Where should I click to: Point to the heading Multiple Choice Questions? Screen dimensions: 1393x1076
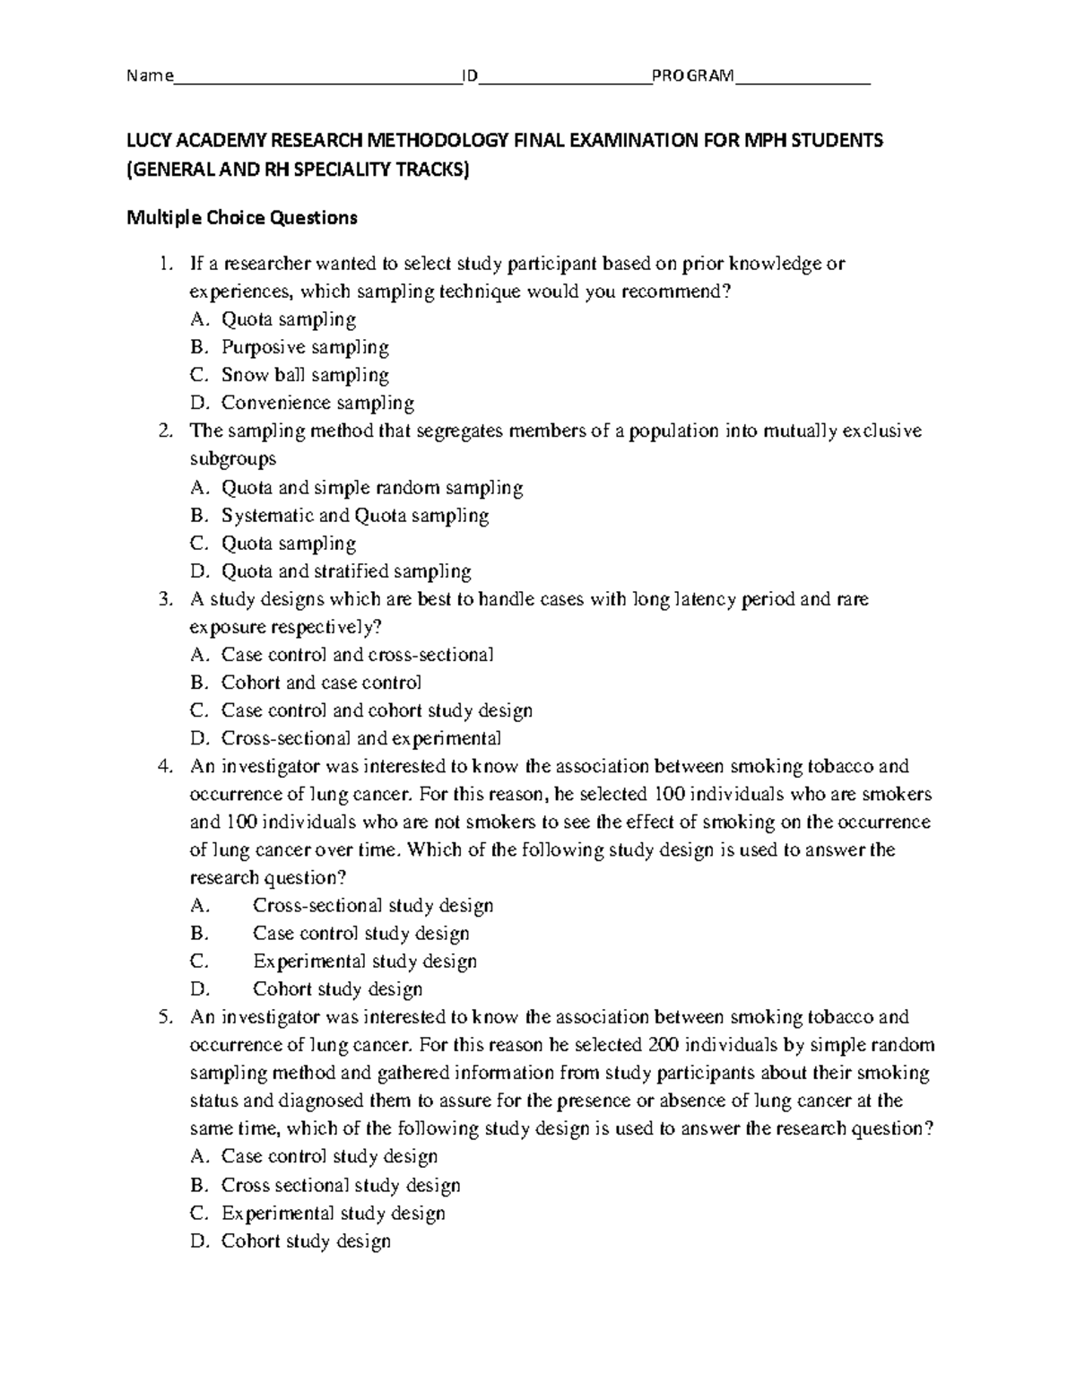[x=241, y=217]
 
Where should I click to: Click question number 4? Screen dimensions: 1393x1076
[x=163, y=767]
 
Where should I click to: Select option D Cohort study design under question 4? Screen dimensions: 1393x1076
[x=337, y=989]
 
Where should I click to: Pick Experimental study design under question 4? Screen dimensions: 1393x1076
[x=364, y=962]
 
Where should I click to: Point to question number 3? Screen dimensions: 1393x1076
[x=163, y=599]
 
